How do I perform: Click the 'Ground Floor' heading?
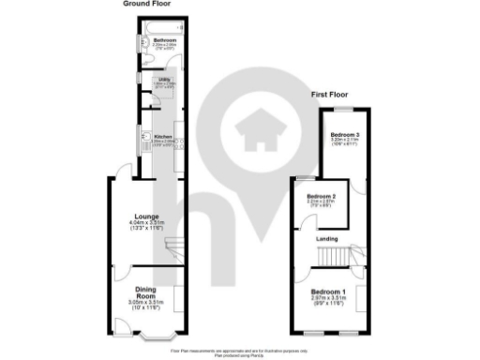tap(146, 4)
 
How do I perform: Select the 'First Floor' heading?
tap(334, 96)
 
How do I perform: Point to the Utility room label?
tap(163, 81)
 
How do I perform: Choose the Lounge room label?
tap(145, 214)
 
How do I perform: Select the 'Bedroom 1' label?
tap(330, 292)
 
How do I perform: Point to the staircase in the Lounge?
tap(172, 247)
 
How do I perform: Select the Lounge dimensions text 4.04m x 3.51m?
tap(145, 222)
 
